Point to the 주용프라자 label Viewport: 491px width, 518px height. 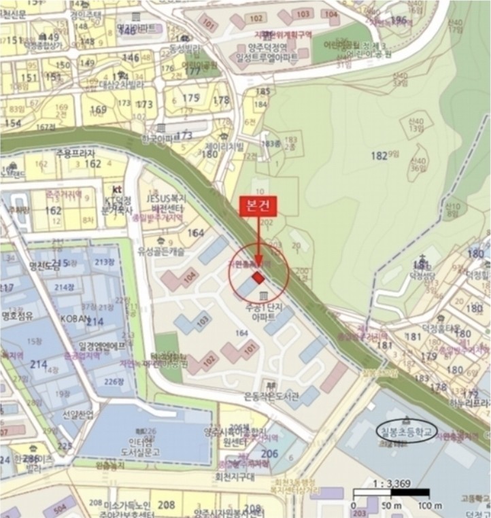click(76, 153)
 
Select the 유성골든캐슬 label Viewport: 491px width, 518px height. click(162, 252)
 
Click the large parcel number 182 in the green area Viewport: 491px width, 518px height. click(379, 156)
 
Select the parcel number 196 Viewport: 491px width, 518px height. click(399, 20)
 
